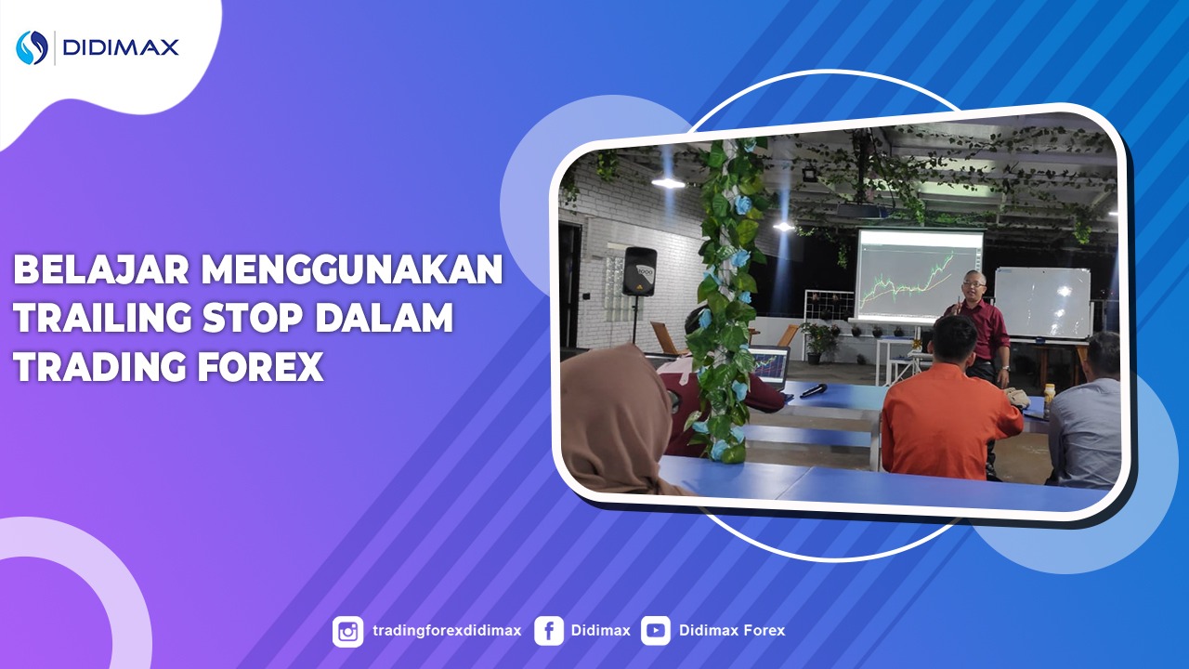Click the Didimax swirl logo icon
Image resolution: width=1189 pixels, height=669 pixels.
[32, 47]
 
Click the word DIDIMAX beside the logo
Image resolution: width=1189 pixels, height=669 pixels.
[121, 47]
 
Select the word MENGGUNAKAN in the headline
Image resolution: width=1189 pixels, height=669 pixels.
[353, 270]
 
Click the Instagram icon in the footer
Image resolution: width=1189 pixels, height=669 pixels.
[348, 631]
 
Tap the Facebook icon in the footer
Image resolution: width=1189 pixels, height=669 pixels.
[549, 631]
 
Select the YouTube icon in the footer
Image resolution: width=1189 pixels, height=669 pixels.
[655, 631]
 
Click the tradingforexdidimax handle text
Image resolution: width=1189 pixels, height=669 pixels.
[446, 631]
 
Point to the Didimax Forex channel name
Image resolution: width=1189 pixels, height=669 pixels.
[732, 631]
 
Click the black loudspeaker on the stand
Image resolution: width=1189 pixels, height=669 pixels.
[639, 270]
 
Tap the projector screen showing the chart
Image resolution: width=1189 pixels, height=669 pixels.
[918, 275]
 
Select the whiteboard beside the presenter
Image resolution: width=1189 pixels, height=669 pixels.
[1041, 301]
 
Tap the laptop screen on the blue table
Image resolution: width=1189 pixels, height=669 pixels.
[767, 366]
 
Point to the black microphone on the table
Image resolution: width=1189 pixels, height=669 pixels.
[815, 390]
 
